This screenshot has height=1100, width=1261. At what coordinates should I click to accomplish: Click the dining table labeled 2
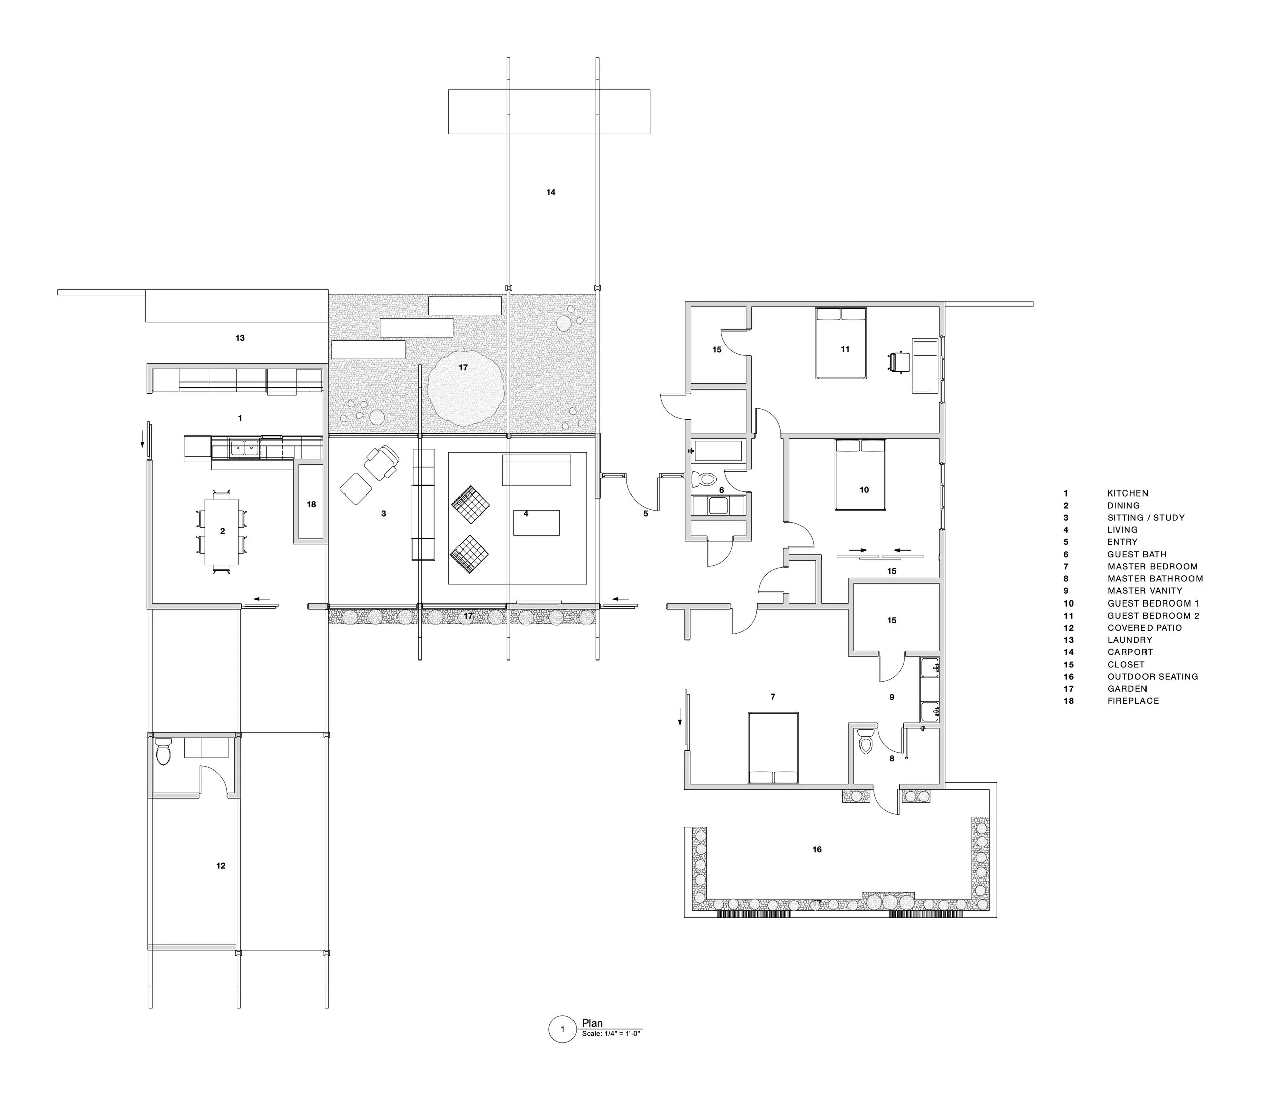(x=221, y=532)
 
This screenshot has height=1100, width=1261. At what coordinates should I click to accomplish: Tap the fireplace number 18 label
(x=311, y=505)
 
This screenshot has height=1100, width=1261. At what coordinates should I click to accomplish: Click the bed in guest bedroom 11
(x=841, y=343)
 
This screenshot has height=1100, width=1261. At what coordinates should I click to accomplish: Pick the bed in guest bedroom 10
(x=861, y=474)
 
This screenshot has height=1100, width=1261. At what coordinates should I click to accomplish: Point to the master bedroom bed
(x=773, y=748)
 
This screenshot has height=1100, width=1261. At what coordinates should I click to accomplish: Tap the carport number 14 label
(x=551, y=192)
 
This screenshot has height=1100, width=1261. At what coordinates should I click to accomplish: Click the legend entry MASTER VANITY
(x=1145, y=590)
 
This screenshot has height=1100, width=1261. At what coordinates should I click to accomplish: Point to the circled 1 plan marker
(x=562, y=1029)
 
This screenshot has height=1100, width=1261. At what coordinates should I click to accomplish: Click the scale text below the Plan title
(x=611, y=1034)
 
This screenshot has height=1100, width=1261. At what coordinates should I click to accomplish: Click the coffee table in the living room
(x=536, y=522)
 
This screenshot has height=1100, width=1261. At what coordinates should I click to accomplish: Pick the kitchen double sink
(x=244, y=449)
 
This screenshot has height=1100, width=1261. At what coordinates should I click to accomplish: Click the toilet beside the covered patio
(x=163, y=752)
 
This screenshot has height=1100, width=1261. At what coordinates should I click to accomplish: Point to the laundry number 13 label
(x=240, y=338)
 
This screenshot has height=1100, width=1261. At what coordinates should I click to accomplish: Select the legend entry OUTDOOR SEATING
(x=1153, y=677)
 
